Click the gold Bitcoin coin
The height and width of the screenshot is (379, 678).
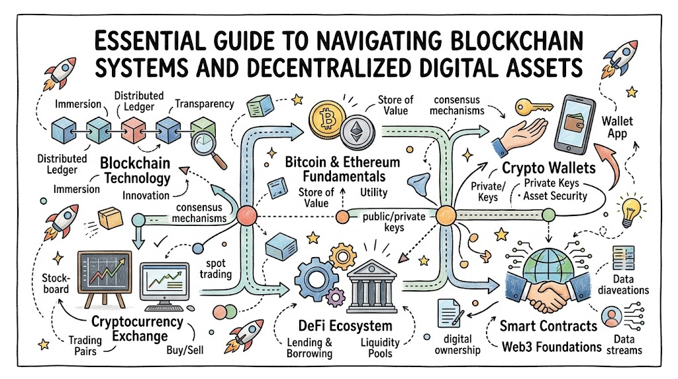[x=327, y=119]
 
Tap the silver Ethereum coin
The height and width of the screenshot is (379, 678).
[x=357, y=132]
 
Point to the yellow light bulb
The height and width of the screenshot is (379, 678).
[x=630, y=211]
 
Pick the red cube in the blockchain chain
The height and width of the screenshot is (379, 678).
[x=133, y=130]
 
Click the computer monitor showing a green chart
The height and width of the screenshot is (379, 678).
[x=165, y=286]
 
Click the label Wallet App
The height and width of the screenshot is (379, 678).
[x=617, y=127]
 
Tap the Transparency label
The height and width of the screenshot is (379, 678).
[x=205, y=104]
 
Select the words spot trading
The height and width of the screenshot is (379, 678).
[x=216, y=268]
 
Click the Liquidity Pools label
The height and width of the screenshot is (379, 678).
[x=380, y=348]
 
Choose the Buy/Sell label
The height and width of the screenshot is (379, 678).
[x=185, y=350]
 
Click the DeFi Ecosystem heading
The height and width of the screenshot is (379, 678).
[x=345, y=326]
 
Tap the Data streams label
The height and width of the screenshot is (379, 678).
[x=624, y=345]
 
